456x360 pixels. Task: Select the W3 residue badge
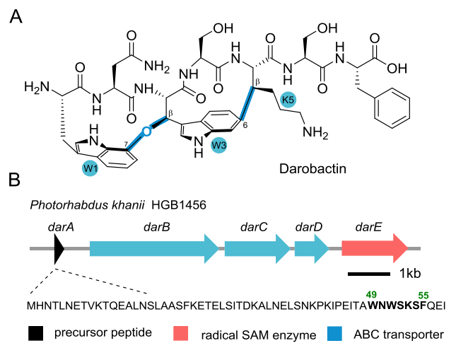point(220,146)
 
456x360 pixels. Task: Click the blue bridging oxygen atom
point(147,130)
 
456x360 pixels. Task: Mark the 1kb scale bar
point(368,272)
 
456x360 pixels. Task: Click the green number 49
point(368,294)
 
